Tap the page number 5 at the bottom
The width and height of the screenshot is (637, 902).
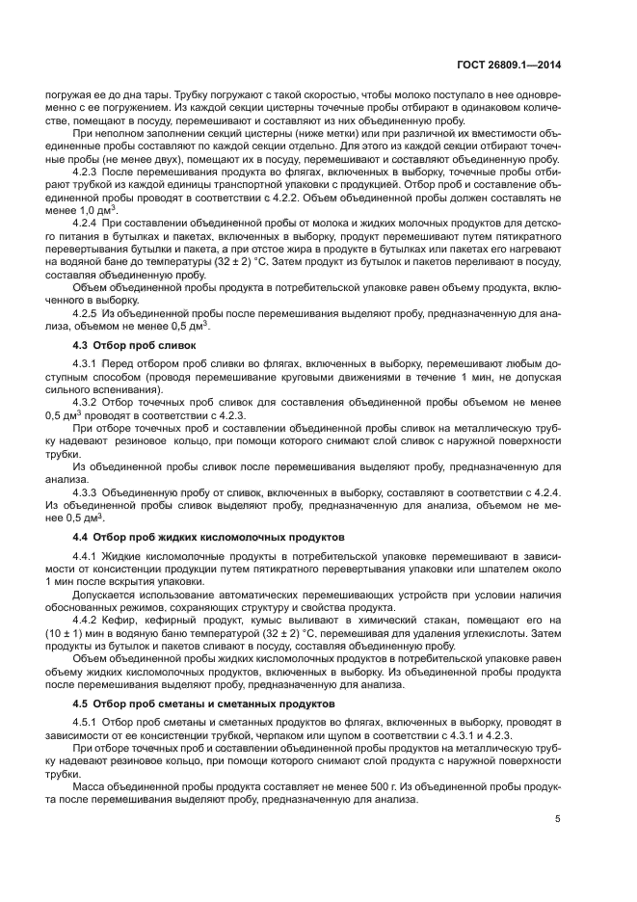558,819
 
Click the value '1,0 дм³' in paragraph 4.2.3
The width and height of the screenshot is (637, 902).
97,209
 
